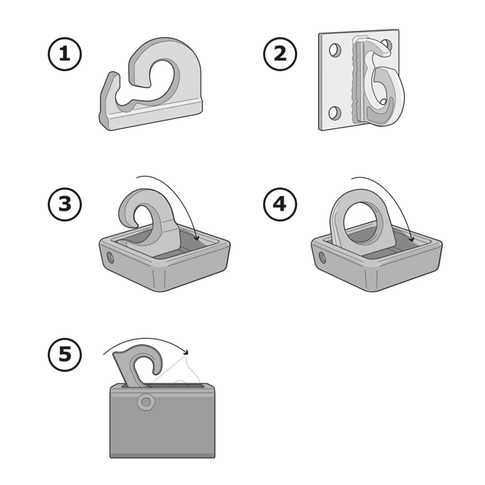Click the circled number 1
coord(64,54)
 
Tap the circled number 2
coord(280,54)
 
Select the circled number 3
coord(64,205)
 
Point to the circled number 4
coord(280,205)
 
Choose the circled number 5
coord(64,355)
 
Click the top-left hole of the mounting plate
coord(335,50)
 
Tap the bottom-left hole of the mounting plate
coord(335,113)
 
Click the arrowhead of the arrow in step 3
coord(196,237)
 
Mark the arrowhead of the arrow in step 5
coord(185,352)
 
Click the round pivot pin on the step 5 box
coord(146,402)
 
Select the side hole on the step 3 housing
coord(110,258)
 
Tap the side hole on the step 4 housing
coord(322,258)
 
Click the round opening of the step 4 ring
coord(361,221)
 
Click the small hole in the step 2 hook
coord(383,102)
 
